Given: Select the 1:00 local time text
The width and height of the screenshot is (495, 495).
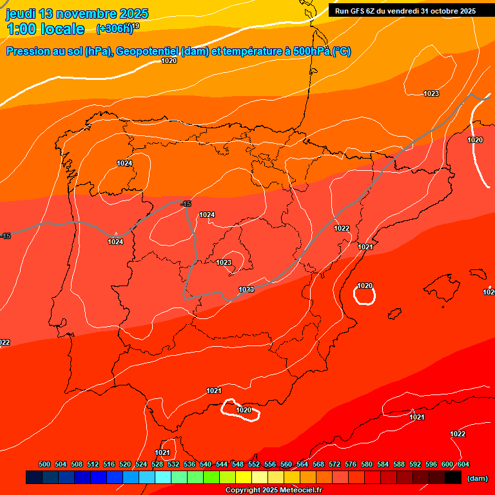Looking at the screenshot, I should (45, 29).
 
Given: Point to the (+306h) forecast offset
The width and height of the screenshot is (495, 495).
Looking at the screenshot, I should (114, 28).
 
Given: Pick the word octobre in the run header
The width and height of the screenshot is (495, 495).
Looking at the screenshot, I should (439, 11).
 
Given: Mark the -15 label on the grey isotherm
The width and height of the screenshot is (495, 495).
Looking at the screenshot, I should (186, 204).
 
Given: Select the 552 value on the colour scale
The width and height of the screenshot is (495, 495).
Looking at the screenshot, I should (254, 464).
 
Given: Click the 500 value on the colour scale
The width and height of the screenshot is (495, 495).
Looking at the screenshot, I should (44, 464).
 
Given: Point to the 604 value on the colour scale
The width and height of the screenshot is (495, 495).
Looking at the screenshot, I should (463, 464).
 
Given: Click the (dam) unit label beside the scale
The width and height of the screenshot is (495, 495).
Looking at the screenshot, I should (477, 478).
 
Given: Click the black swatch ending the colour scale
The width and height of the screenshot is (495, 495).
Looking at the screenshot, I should (453, 478).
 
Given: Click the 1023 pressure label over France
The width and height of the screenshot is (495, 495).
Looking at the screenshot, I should (431, 93).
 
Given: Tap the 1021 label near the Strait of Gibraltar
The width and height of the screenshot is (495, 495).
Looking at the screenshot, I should (162, 452).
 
